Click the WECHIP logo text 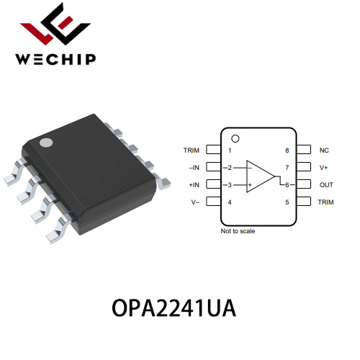(55, 59)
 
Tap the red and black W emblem (55, 24)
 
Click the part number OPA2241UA (174, 308)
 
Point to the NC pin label (324, 150)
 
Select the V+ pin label (323, 168)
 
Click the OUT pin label (326, 185)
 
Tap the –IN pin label (194, 168)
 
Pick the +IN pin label (194, 185)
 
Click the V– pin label (195, 202)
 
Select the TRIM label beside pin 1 (192, 150)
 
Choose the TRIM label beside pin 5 (325, 202)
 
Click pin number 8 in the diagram (287, 150)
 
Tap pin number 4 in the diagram (230, 202)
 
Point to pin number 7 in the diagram (287, 168)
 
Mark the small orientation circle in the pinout (235, 139)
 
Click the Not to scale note (238, 231)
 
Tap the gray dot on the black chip (46, 143)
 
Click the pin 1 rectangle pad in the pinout (213, 149)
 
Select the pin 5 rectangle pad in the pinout (304, 202)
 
